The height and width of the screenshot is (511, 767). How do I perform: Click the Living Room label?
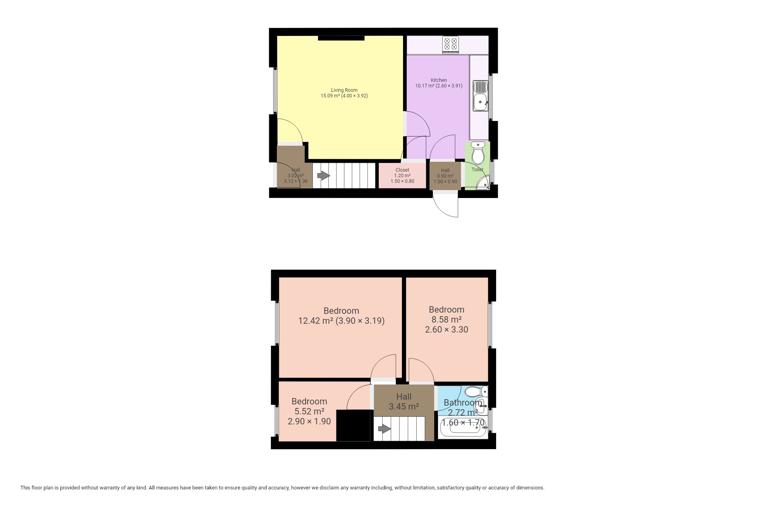click(344, 90)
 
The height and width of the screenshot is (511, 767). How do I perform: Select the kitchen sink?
click(480, 96)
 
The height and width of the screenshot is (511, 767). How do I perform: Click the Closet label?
click(402, 170)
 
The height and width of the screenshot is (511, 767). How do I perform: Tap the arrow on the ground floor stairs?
click(324, 176)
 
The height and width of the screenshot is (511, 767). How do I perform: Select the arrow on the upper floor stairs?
click(384, 429)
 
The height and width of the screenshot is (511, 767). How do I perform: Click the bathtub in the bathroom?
click(463, 428)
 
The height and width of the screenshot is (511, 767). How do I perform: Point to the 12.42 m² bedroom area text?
click(316, 321)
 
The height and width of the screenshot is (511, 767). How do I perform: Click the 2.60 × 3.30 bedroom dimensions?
click(447, 330)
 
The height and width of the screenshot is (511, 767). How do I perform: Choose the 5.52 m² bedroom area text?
click(309, 411)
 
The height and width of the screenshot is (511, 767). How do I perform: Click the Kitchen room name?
click(439, 80)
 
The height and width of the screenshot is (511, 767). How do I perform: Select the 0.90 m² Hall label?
click(445, 176)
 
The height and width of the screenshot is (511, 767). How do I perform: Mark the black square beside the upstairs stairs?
click(353, 426)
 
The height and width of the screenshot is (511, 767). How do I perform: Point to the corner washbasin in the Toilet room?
click(484, 185)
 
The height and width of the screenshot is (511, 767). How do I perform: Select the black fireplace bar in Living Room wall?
click(342, 38)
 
